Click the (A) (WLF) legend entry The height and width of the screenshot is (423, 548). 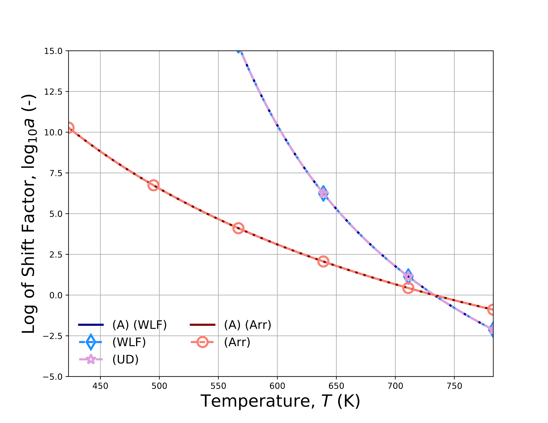coord(139,325)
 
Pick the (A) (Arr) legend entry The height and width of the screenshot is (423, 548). coord(248,325)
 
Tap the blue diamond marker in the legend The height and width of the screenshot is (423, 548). coord(91,342)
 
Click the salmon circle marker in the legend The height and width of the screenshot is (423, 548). coord(202,342)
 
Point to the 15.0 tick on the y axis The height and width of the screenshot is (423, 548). coord(53,51)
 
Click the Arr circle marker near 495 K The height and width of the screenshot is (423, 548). coord(153,185)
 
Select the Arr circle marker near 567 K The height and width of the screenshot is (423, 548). coord(238,228)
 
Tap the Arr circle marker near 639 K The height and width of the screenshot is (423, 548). coord(323,262)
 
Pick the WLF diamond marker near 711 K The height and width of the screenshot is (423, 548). coord(408,276)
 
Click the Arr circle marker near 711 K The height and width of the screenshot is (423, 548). coord(408,288)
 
